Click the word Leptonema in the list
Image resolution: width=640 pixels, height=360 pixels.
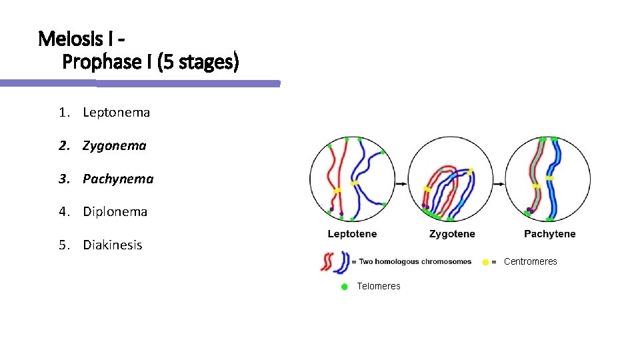[116, 112]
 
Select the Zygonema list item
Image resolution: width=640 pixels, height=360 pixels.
[114, 145]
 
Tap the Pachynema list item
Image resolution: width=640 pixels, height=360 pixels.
[118, 179]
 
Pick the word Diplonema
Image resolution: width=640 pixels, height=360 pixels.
[115, 211]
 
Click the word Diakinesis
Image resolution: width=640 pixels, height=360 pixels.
[112, 245]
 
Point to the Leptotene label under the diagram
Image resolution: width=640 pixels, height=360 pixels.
[352, 234]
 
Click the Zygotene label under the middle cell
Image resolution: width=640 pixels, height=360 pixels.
[452, 234]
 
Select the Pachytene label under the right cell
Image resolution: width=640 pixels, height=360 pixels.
[549, 234]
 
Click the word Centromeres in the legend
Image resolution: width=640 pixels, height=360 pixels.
[530, 261]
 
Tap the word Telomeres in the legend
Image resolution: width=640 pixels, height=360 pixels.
[379, 286]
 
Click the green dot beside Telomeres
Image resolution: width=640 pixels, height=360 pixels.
[344, 287]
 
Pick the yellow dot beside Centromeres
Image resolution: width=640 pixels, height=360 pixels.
[485, 262]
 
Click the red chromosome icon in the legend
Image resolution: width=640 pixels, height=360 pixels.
[328, 261]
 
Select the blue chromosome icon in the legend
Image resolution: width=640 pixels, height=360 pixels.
[344, 261]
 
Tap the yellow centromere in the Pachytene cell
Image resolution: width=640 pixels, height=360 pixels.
[549, 178]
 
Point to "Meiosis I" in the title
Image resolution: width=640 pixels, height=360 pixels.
[72, 39]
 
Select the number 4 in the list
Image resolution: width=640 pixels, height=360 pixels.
[62, 211]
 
